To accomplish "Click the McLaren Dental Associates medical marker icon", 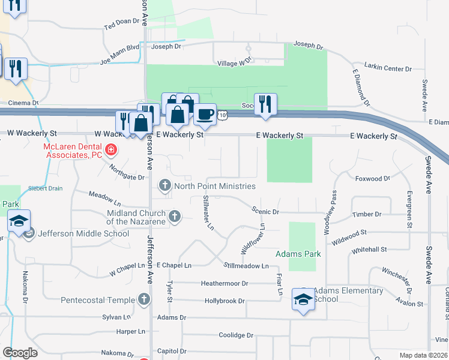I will tap(110, 149).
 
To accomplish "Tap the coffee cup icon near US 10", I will tap(205, 114).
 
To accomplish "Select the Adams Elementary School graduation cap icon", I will tap(304, 299).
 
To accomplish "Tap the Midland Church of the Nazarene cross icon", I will tap(175, 216).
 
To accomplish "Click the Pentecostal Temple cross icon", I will tap(143, 299).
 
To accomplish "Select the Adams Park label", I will tap(298, 254).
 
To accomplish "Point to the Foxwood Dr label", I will tap(372, 178).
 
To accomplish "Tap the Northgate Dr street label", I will tap(127, 172).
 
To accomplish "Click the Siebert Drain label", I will tap(46, 188).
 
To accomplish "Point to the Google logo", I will tap(20, 352).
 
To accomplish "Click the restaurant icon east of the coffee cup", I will tap(265, 104).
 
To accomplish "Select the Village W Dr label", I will tap(233, 62).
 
